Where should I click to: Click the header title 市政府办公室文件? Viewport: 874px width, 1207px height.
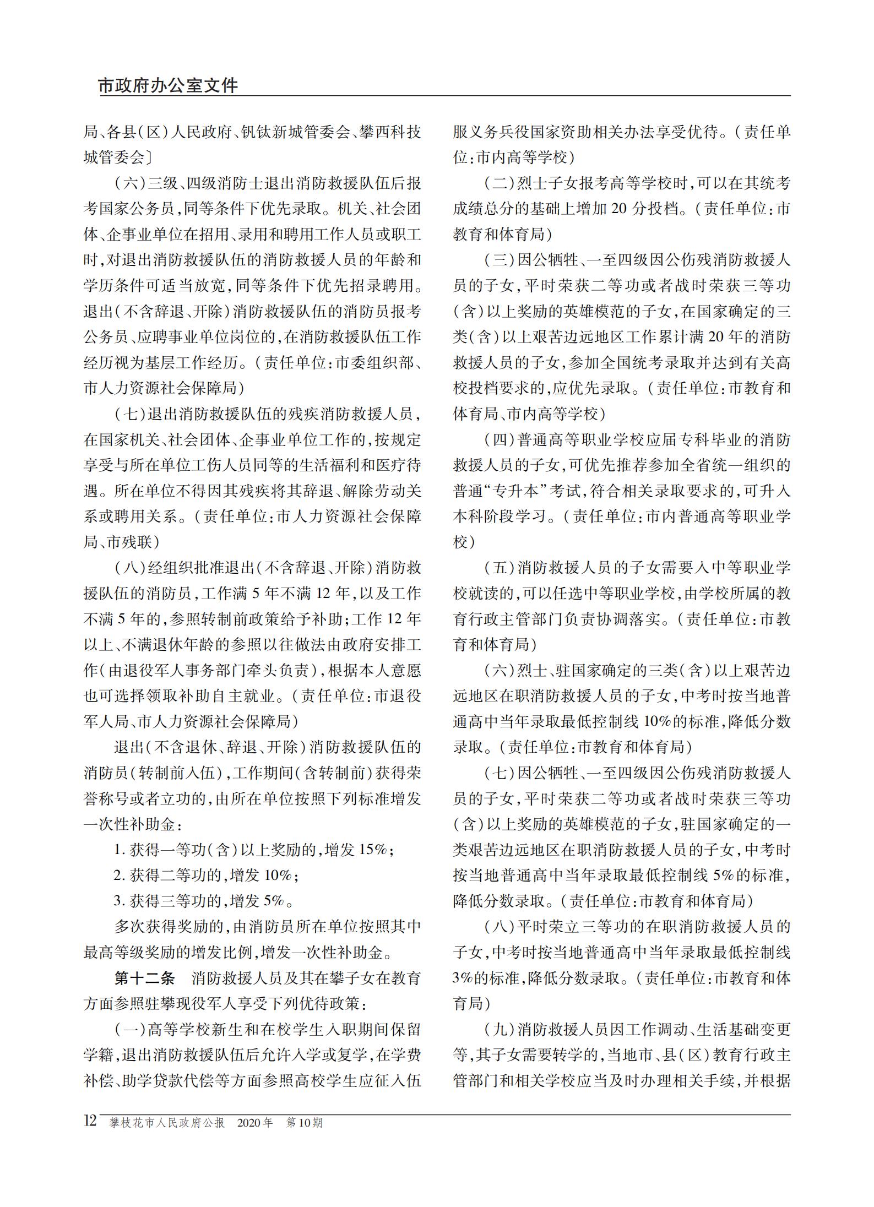[x=168, y=86]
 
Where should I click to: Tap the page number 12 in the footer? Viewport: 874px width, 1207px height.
[x=90, y=1121]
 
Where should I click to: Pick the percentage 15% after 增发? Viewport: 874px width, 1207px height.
[x=373, y=850]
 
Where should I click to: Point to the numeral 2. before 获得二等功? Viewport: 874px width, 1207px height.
[x=120, y=876]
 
